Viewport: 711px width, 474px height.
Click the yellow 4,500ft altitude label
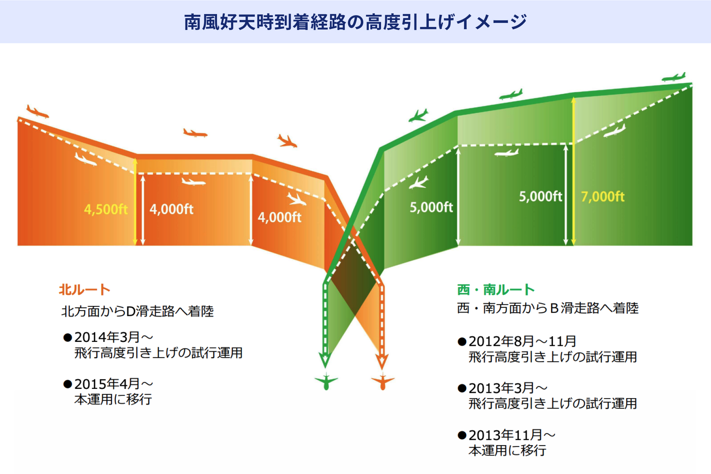(106, 209)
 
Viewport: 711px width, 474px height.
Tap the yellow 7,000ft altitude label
(603, 196)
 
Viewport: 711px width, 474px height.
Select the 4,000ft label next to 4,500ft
(171, 209)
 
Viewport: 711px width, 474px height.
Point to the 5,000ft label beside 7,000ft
(541, 196)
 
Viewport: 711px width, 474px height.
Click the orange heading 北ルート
(85, 289)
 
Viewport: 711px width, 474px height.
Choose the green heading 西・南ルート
(496, 289)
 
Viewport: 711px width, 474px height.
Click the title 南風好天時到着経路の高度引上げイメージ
(355, 22)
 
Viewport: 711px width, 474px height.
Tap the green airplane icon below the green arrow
(326, 381)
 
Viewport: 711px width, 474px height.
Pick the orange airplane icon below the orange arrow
(383, 381)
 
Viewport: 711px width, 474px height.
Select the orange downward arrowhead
(382, 361)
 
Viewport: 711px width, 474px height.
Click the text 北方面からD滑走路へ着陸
(137, 311)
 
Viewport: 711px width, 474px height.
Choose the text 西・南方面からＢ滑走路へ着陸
(548, 308)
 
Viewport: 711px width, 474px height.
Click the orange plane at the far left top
(37, 111)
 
